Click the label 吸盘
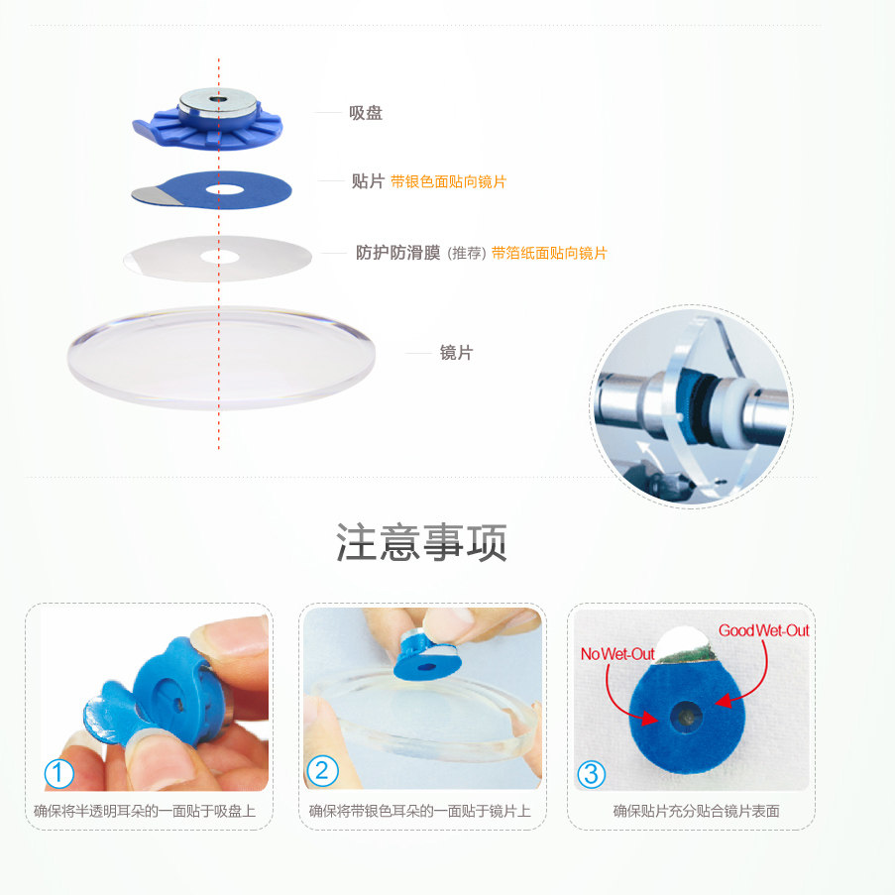(x=366, y=113)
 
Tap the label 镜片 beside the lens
(x=456, y=353)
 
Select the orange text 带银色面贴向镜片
(x=448, y=182)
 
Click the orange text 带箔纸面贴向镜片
(x=549, y=253)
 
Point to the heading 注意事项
(x=421, y=542)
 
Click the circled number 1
(x=58, y=773)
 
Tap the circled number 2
(x=322, y=770)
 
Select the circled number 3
(x=591, y=774)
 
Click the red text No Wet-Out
(x=617, y=654)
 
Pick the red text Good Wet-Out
(x=764, y=630)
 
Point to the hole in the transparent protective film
(x=220, y=257)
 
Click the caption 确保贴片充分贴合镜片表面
(x=697, y=811)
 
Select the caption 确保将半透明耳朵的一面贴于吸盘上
(x=145, y=811)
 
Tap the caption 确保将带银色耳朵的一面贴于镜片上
(x=419, y=811)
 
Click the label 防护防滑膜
(x=397, y=253)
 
